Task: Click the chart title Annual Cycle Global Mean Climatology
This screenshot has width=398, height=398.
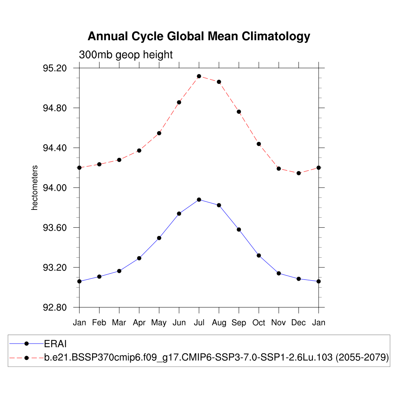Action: point(199,36)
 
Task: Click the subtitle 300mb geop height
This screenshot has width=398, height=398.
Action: point(126,55)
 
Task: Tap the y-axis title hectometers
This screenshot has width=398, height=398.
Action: point(35,188)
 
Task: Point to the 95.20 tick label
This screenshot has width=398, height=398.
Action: point(55,68)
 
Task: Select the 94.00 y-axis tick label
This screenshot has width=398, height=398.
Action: point(55,188)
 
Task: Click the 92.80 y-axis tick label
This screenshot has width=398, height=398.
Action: point(55,307)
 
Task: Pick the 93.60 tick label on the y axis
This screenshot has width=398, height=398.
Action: point(55,228)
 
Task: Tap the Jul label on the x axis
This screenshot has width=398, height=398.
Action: point(199,323)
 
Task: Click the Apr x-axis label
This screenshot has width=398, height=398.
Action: point(139,323)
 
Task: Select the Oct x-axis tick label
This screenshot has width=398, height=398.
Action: point(259,323)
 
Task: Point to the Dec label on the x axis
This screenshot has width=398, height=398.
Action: point(298,323)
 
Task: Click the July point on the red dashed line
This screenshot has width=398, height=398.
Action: point(199,76)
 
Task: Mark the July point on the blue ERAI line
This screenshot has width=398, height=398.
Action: point(199,199)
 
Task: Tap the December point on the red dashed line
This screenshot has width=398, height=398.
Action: point(298,173)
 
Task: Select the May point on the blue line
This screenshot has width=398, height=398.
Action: point(159,238)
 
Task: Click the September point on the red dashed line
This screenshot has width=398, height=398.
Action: point(239,112)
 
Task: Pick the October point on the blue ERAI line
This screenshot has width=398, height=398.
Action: point(259,255)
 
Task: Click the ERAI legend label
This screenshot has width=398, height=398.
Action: point(56,343)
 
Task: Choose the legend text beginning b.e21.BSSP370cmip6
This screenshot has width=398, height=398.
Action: point(216,358)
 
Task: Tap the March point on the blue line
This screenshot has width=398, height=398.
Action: point(119,271)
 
